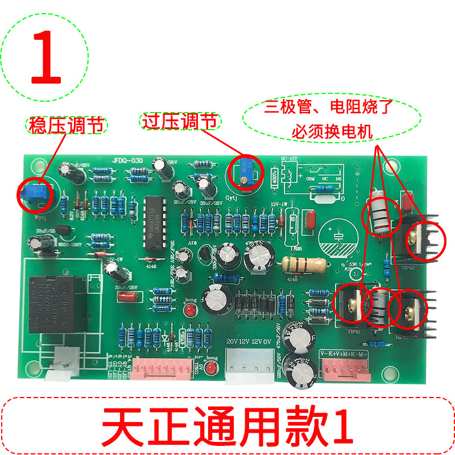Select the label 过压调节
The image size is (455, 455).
179,121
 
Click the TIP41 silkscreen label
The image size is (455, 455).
353,330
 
